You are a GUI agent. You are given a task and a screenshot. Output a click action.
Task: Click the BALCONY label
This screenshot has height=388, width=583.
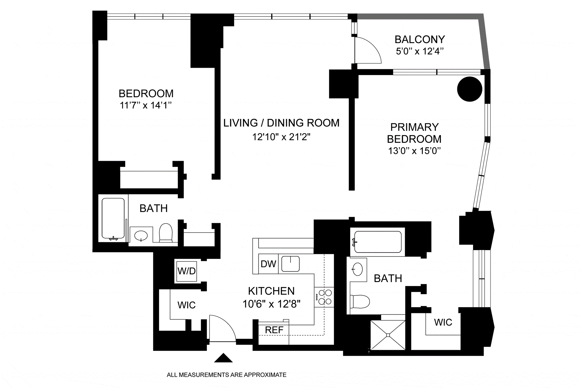click(x=419, y=39)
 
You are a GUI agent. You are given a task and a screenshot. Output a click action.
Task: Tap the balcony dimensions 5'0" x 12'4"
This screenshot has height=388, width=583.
click(x=419, y=51)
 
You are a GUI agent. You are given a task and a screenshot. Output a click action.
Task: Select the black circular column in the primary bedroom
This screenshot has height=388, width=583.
click(x=469, y=89)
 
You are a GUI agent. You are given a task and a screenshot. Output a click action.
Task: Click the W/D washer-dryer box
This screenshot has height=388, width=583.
click(x=186, y=271)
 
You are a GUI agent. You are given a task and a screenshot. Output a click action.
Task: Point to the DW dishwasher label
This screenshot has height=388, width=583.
click(x=268, y=264)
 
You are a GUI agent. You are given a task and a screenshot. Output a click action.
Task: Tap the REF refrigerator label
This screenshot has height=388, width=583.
click(x=274, y=330)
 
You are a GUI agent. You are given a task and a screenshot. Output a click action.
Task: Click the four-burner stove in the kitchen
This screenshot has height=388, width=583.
click(x=324, y=297)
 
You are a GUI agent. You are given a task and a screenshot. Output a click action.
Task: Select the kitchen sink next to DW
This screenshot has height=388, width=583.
click(x=290, y=264)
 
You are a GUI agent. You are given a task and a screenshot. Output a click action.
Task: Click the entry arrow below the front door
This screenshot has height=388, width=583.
click(x=223, y=358)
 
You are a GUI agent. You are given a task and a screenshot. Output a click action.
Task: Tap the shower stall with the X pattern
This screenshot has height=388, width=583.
click(x=388, y=335)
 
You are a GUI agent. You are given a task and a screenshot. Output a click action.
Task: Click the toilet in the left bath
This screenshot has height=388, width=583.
click(x=166, y=233)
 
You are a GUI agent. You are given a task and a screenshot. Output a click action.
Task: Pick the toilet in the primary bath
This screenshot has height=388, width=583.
click(x=360, y=301)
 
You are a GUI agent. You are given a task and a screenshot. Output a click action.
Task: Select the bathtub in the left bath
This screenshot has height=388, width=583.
click(x=113, y=218)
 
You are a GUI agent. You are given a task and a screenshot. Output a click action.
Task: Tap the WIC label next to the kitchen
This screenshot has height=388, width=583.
click(x=186, y=305)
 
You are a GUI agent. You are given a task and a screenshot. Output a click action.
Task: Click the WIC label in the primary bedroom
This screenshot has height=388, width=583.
click(x=443, y=322)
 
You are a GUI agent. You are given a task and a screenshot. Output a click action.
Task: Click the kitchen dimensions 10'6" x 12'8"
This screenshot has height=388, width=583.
click(x=271, y=304)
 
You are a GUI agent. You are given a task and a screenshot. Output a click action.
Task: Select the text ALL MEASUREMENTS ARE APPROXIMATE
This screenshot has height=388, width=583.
click(x=226, y=375)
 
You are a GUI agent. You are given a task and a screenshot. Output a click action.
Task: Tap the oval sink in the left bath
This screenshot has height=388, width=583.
click(x=141, y=235)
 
